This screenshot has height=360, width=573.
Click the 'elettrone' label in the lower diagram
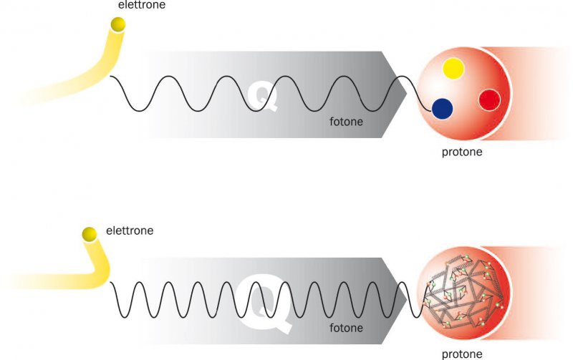tap(130, 230)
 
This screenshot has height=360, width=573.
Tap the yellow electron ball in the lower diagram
tap(90, 233)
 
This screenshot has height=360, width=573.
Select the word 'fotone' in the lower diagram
tap(346, 329)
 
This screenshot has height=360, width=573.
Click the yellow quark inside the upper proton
tap(453, 69)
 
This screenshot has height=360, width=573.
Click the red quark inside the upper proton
tap(489, 99)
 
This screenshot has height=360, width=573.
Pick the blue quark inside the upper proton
tap(443, 109)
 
